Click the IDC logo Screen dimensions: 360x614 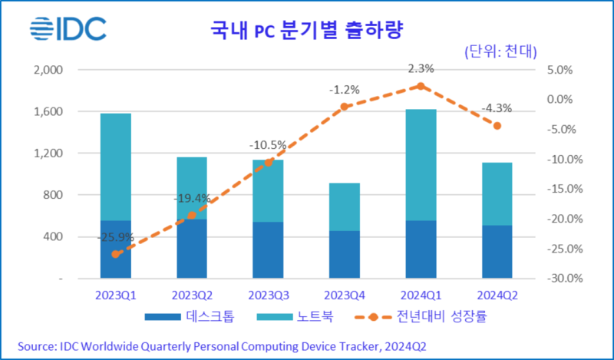(x=68, y=30)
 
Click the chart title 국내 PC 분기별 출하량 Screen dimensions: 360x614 (x=307, y=31)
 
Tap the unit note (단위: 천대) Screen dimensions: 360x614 (x=500, y=51)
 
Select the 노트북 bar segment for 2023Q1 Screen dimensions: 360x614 (x=115, y=167)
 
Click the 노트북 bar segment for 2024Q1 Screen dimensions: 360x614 (x=421, y=165)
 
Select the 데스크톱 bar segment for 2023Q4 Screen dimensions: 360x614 (x=345, y=254)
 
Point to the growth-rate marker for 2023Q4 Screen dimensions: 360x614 (x=345, y=107)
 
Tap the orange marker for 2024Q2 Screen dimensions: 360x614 (x=497, y=125)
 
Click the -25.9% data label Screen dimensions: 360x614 (x=115, y=237)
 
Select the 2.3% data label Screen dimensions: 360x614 (x=421, y=68)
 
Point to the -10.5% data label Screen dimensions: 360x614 (x=268, y=144)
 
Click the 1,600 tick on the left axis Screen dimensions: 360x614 (x=47, y=112)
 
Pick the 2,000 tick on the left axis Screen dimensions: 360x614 (x=47, y=70)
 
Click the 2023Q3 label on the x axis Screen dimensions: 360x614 (x=268, y=295)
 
